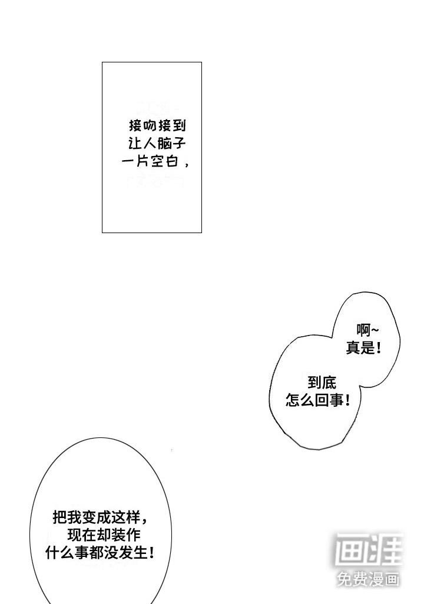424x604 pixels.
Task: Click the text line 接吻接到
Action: point(157,125)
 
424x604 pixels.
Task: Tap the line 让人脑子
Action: point(157,144)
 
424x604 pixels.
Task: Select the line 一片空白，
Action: point(155,161)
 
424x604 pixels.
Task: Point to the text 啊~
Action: point(367,330)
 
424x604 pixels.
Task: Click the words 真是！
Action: point(363,348)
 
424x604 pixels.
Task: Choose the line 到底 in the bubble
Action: point(322,383)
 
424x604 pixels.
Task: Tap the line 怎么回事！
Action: point(318,400)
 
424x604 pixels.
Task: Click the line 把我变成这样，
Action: point(100,517)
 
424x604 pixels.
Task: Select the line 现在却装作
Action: point(104,535)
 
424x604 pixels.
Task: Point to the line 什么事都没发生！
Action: point(100,553)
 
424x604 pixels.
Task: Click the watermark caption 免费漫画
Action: point(368,579)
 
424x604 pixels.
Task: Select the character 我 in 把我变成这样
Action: point(74,517)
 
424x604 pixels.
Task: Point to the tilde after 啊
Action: point(375,330)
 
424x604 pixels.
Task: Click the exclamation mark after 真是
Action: point(379,348)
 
